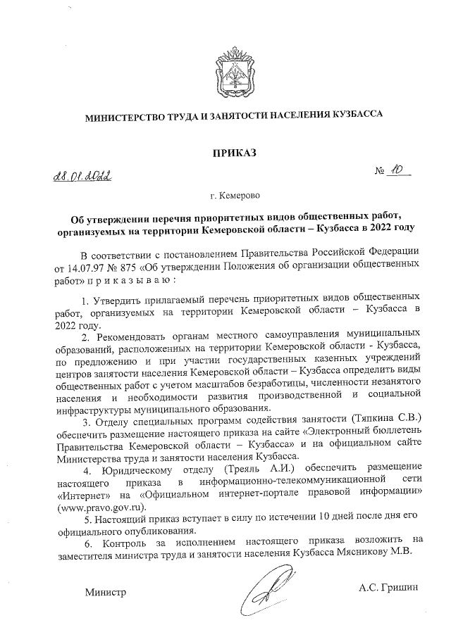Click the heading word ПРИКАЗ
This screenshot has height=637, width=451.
[x=230, y=152]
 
